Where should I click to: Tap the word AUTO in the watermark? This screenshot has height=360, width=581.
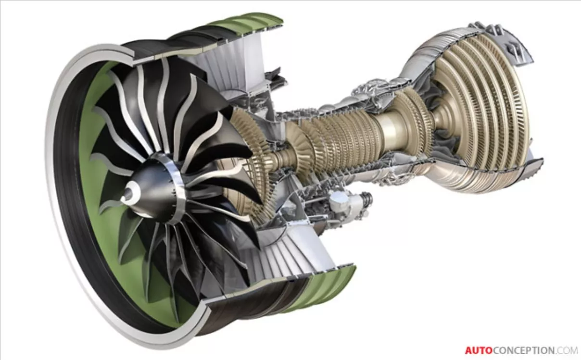pos(479,350)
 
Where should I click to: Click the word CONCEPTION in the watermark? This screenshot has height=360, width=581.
pos(522,350)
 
